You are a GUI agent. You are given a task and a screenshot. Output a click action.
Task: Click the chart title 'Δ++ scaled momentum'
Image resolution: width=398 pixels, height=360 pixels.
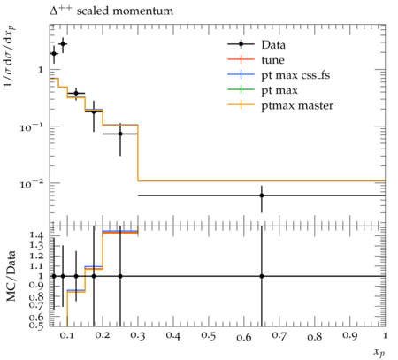click(x=111, y=11)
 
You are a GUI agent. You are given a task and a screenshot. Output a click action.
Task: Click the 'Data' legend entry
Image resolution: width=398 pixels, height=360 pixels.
click(x=273, y=45)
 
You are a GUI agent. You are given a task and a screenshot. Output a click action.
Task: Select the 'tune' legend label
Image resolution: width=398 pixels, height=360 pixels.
click(x=272, y=60)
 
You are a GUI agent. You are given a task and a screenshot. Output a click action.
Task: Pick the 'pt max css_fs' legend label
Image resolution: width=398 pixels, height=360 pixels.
click(x=295, y=75)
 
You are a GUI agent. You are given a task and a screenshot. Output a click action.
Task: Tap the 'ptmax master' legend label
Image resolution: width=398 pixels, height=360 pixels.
click(x=297, y=105)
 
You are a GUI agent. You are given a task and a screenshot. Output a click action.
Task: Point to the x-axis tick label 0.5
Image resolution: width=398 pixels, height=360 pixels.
click(x=209, y=335)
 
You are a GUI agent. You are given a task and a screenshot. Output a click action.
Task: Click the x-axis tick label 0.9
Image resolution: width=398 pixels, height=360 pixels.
click(x=350, y=335)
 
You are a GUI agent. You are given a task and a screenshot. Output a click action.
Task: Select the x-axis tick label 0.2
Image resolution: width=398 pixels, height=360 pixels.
click(x=103, y=335)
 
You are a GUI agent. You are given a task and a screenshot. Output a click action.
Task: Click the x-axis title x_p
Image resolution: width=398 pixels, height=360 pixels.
click(x=379, y=351)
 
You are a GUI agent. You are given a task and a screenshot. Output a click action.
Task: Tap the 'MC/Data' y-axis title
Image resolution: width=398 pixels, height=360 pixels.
click(x=11, y=276)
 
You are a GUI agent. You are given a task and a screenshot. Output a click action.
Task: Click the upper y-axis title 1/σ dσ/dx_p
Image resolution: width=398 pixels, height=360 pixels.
click(x=10, y=56)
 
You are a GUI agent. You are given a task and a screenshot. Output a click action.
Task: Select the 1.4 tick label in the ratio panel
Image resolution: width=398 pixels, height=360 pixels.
click(x=36, y=235)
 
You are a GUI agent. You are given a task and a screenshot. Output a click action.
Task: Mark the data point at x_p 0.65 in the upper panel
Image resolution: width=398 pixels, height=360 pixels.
click(x=262, y=195)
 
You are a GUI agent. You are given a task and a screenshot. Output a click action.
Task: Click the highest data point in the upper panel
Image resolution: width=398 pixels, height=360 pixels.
click(x=63, y=44)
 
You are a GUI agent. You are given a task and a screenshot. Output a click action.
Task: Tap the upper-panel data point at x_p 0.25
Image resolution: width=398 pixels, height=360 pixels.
click(x=120, y=134)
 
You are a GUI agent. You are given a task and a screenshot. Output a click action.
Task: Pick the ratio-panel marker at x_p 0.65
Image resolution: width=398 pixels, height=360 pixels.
click(x=262, y=276)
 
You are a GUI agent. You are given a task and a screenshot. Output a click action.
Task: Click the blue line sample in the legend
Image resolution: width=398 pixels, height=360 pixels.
click(x=241, y=75)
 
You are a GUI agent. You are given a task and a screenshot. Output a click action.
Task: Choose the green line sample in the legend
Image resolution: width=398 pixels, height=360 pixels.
click(x=241, y=90)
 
